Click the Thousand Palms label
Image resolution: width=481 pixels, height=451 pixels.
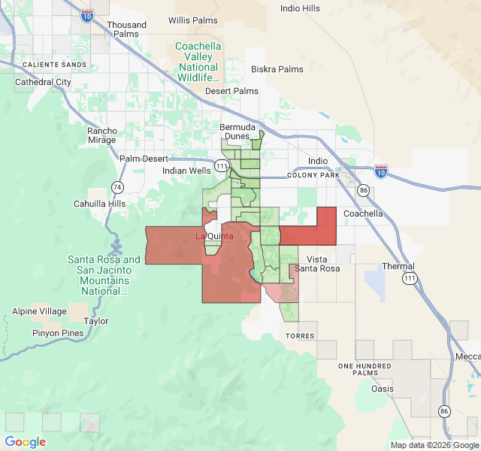point(126,29)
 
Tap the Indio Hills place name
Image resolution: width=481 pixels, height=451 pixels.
point(300,8)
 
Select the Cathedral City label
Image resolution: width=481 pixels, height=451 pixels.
point(43,82)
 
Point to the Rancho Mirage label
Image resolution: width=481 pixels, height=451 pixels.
point(102,135)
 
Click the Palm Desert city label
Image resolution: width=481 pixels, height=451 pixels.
point(144,159)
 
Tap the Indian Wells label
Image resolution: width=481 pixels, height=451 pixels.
point(186,171)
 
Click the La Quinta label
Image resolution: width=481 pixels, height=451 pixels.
point(214,236)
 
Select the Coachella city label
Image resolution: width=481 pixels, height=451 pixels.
point(363,213)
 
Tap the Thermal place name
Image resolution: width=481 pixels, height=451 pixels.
point(398,266)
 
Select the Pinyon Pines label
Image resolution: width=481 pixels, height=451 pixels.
point(58,332)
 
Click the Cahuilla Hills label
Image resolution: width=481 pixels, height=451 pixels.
point(99,204)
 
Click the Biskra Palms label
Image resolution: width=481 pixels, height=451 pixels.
point(277,69)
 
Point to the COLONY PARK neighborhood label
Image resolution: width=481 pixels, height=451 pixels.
point(313,175)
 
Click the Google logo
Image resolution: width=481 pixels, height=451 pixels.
point(26,442)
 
